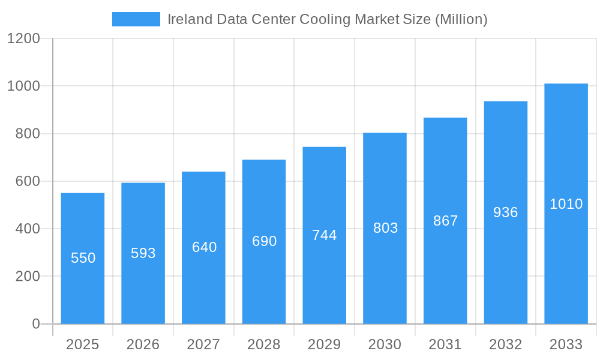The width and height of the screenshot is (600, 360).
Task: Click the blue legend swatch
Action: pyautogui.click(x=136, y=19)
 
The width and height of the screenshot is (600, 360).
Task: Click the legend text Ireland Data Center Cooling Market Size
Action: pyautogui.click(x=327, y=19)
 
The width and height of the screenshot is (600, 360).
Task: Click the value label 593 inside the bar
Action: pyautogui.click(x=143, y=253)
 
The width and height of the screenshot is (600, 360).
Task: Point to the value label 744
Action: pyautogui.click(x=325, y=235)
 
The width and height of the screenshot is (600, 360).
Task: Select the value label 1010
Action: pyautogui.click(x=566, y=204)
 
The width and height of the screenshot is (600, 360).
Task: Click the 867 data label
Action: pyautogui.click(x=445, y=221)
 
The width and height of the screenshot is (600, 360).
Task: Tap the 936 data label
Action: pyautogui.click(x=505, y=212)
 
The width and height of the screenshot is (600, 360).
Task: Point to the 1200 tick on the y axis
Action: pyautogui.click(x=23, y=39)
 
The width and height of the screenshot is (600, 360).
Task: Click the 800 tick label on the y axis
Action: pyautogui.click(x=28, y=134)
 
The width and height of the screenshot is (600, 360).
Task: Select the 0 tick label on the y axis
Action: pyautogui.click(x=35, y=324)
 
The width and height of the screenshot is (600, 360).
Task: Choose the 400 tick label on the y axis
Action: pyautogui.click(x=28, y=229)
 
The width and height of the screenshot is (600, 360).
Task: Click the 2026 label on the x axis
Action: pyautogui.click(x=143, y=344)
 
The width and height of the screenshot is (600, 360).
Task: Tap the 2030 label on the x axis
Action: pyautogui.click(x=385, y=344)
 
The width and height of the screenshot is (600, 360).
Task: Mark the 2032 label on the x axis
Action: pyautogui.click(x=505, y=344)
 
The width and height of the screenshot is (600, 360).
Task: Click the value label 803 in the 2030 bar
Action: pyautogui.click(x=385, y=228)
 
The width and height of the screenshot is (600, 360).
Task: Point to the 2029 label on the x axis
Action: pyautogui.click(x=324, y=344)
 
